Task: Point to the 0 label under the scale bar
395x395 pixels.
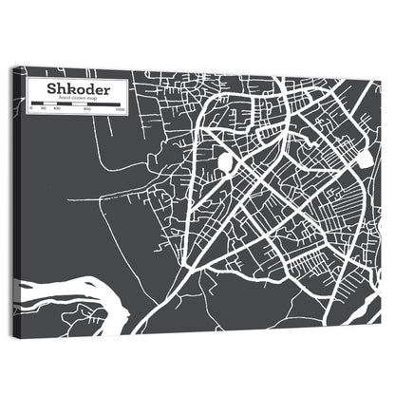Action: click(x=30, y=112)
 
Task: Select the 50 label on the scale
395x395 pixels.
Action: click(x=44, y=112)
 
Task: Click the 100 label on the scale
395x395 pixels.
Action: click(x=57, y=112)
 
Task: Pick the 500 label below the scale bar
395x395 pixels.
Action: click(x=87, y=112)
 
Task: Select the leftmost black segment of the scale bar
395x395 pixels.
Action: click(x=36, y=105)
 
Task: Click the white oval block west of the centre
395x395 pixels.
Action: click(x=225, y=163)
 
